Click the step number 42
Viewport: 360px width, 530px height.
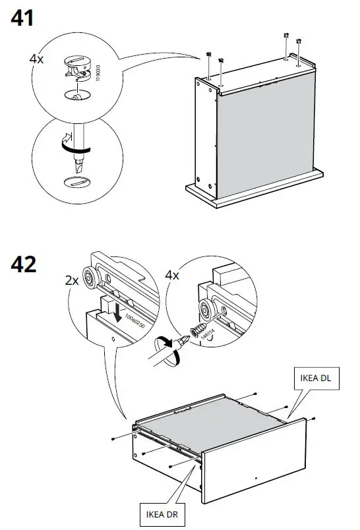(24, 266)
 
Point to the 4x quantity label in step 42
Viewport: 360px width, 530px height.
(172, 276)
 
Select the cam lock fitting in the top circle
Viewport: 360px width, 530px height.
(78, 66)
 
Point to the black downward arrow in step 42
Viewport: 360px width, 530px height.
(116, 310)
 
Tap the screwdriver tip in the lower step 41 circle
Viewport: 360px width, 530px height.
(79, 162)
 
